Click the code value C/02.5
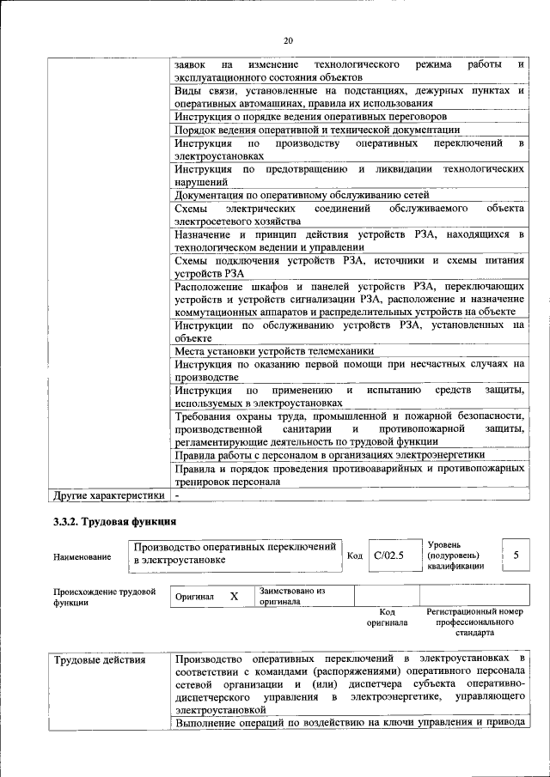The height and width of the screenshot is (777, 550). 388,555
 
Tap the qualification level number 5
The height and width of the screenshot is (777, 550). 516,555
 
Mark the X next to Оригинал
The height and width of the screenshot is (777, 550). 233,596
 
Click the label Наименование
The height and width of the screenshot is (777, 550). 82,557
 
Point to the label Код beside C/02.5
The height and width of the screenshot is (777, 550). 354,555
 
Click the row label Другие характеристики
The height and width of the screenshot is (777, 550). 108,495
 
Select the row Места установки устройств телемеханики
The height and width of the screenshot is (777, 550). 274,351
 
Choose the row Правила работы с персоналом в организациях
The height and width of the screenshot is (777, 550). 329,455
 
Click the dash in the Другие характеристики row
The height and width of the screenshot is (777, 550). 177,495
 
